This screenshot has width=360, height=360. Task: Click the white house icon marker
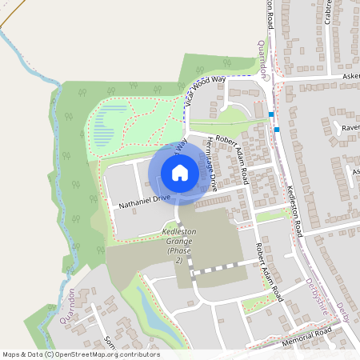coord(180,173)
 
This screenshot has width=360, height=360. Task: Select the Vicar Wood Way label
coord(206,90)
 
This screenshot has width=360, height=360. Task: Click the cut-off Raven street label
coord(350,127)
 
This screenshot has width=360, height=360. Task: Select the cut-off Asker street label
coord(350,78)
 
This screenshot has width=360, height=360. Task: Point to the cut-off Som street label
coord(109,340)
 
